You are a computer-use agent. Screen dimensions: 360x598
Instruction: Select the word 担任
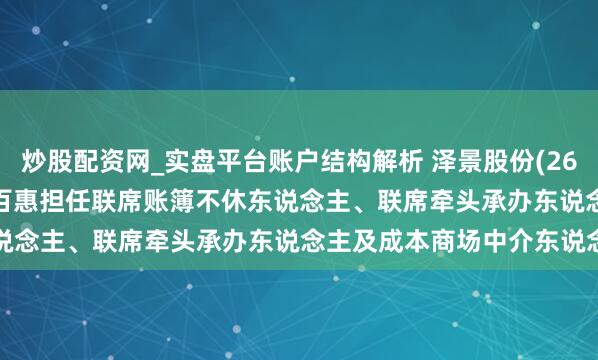pyautogui.click(x=72, y=196)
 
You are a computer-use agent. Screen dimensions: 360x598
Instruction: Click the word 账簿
pyautogui.click(x=168, y=196)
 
